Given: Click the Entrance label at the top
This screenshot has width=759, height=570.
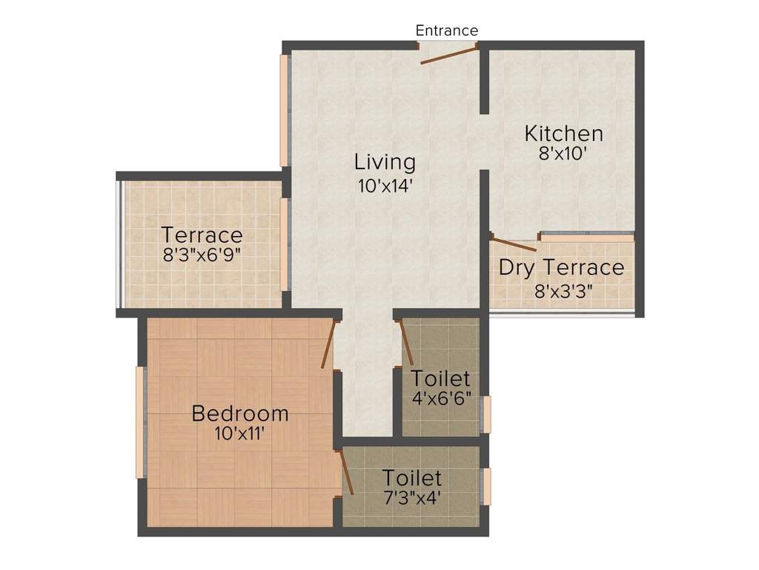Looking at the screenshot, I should coord(446,30).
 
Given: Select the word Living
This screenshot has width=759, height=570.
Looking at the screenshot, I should coord(385,161).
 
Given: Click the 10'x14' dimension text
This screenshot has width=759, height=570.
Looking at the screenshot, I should coord(385,184).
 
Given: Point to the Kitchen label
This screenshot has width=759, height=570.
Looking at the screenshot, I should coord(563,134).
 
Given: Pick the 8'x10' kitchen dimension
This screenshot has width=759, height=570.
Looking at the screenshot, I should coord(563,154).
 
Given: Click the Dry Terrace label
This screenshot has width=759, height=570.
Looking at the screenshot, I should coord(561,267).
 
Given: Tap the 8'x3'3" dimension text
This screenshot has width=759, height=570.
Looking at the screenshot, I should coord(563,291).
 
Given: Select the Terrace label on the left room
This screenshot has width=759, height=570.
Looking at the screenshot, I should coord(202,235).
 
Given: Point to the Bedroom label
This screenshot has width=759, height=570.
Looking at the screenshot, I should coord(240,413).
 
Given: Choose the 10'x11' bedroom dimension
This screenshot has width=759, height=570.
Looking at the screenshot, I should coord(240,433).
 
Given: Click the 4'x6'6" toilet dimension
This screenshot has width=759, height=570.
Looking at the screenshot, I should coord(442,398).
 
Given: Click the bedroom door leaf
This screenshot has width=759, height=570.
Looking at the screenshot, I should coord(328,344).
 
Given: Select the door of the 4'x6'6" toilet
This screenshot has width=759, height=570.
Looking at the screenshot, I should coord(406,342).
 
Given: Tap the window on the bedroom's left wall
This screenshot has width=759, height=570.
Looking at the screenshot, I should coord(139,422).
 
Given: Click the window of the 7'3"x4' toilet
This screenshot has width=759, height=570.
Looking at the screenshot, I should coord(486,486).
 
